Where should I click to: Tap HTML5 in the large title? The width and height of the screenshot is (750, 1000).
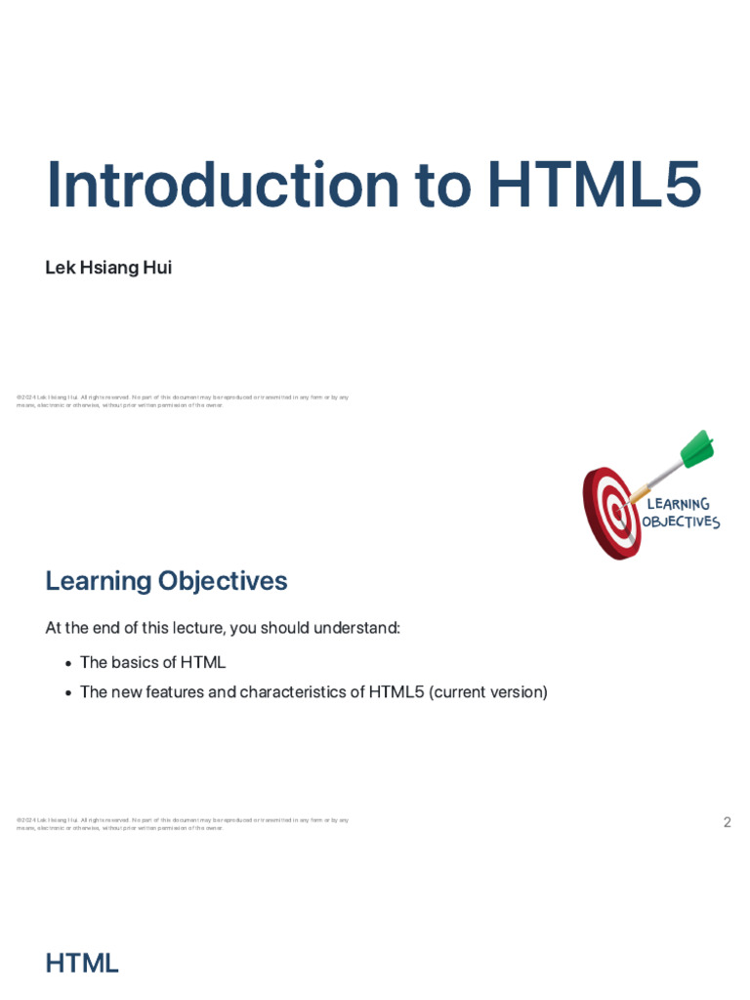pos(594,185)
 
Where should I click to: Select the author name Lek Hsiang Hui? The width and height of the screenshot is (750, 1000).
pos(108,268)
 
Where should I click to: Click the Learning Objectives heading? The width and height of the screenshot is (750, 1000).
pos(166,581)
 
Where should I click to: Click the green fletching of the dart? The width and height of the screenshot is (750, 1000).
pos(697,448)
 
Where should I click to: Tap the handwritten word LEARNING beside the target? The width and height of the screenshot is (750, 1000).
pos(679,504)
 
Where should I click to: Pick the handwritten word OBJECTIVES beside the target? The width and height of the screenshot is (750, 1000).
pos(681,522)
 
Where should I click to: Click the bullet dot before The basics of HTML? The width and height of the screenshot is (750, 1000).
pos(68,663)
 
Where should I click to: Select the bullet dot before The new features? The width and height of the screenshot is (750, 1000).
pos(68,692)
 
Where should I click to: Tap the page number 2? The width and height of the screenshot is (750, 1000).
pos(727,822)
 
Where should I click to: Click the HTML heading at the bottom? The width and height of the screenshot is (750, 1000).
pos(82,964)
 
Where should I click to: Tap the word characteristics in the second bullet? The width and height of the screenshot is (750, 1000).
pos(292,692)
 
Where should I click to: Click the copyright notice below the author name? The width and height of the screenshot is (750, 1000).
pos(183,401)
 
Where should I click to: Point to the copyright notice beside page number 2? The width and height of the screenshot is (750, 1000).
pos(183,824)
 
